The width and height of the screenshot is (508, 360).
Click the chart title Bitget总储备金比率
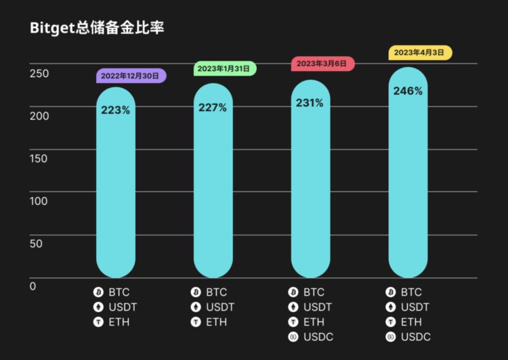[98, 28]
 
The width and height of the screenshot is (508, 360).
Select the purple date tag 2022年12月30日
[131, 76]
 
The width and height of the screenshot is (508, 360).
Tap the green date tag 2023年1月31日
[225, 68]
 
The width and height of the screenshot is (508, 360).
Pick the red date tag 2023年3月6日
[322, 63]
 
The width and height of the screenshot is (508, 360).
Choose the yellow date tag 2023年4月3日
[420, 52]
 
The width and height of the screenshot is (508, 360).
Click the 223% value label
[116, 110]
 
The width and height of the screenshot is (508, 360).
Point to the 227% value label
[213, 108]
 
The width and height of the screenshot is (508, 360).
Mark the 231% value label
[310, 104]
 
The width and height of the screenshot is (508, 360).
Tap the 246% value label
[408, 91]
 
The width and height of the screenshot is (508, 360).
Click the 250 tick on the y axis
[39, 73]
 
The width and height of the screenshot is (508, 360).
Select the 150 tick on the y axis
[39, 158]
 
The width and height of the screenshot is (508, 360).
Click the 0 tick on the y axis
[33, 286]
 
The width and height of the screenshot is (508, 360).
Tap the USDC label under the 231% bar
[318, 336]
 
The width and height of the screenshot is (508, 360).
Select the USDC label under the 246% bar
[416, 336]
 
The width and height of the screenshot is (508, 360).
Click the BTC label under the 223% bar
[119, 292]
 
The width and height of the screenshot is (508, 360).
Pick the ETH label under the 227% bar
[217, 322]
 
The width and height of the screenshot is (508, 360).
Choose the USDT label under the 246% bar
[415, 307]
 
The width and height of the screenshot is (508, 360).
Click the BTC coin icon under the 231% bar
[293, 292]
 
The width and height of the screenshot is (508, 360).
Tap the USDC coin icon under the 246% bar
[391, 336]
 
